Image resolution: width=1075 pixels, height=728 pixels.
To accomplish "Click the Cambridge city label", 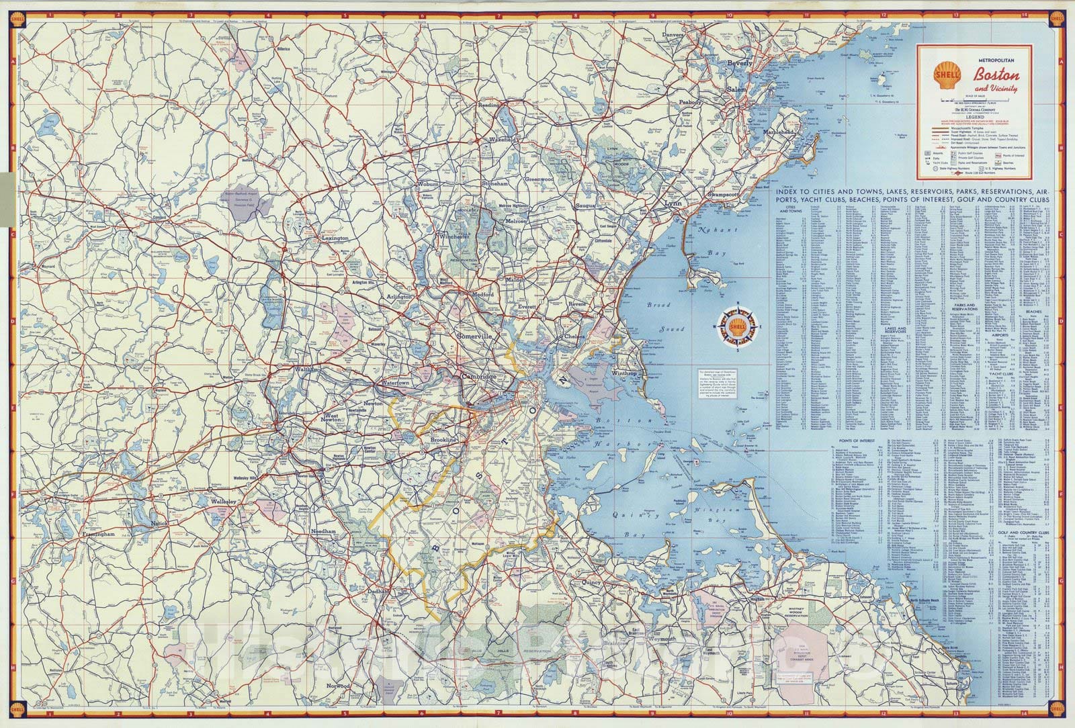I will tap(479, 377).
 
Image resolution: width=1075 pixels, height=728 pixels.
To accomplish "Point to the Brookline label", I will tap(443, 440).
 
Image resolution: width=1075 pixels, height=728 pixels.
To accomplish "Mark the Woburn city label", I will tap(428, 184).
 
